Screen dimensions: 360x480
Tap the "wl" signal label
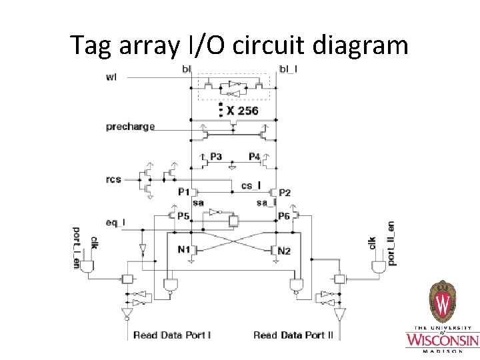[x=112, y=76]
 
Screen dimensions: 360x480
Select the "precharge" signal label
[x=130, y=127]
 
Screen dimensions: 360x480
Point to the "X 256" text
[x=242, y=111]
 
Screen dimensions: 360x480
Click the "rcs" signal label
[x=113, y=179]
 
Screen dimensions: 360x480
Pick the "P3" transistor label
[x=215, y=157]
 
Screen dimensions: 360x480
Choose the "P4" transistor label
[x=254, y=157]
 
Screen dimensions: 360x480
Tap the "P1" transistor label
[x=184, y=192]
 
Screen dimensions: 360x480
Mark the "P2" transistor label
[x=285, y=193]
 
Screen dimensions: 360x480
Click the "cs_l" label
[x=251, y=186]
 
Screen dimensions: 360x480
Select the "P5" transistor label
[x=183, y=216]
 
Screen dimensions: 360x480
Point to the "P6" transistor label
[x=283, y=216]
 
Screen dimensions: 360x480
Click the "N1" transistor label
[x=184, y=250]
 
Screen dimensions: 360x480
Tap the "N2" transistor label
[x=285, y=251]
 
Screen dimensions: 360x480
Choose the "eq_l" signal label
[x=115, y=222]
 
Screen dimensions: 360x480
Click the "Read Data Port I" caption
[x=172, y=335]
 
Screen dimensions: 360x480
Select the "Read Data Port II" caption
[x=293, y=335]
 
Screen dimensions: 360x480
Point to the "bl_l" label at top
[x=288, y=69]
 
